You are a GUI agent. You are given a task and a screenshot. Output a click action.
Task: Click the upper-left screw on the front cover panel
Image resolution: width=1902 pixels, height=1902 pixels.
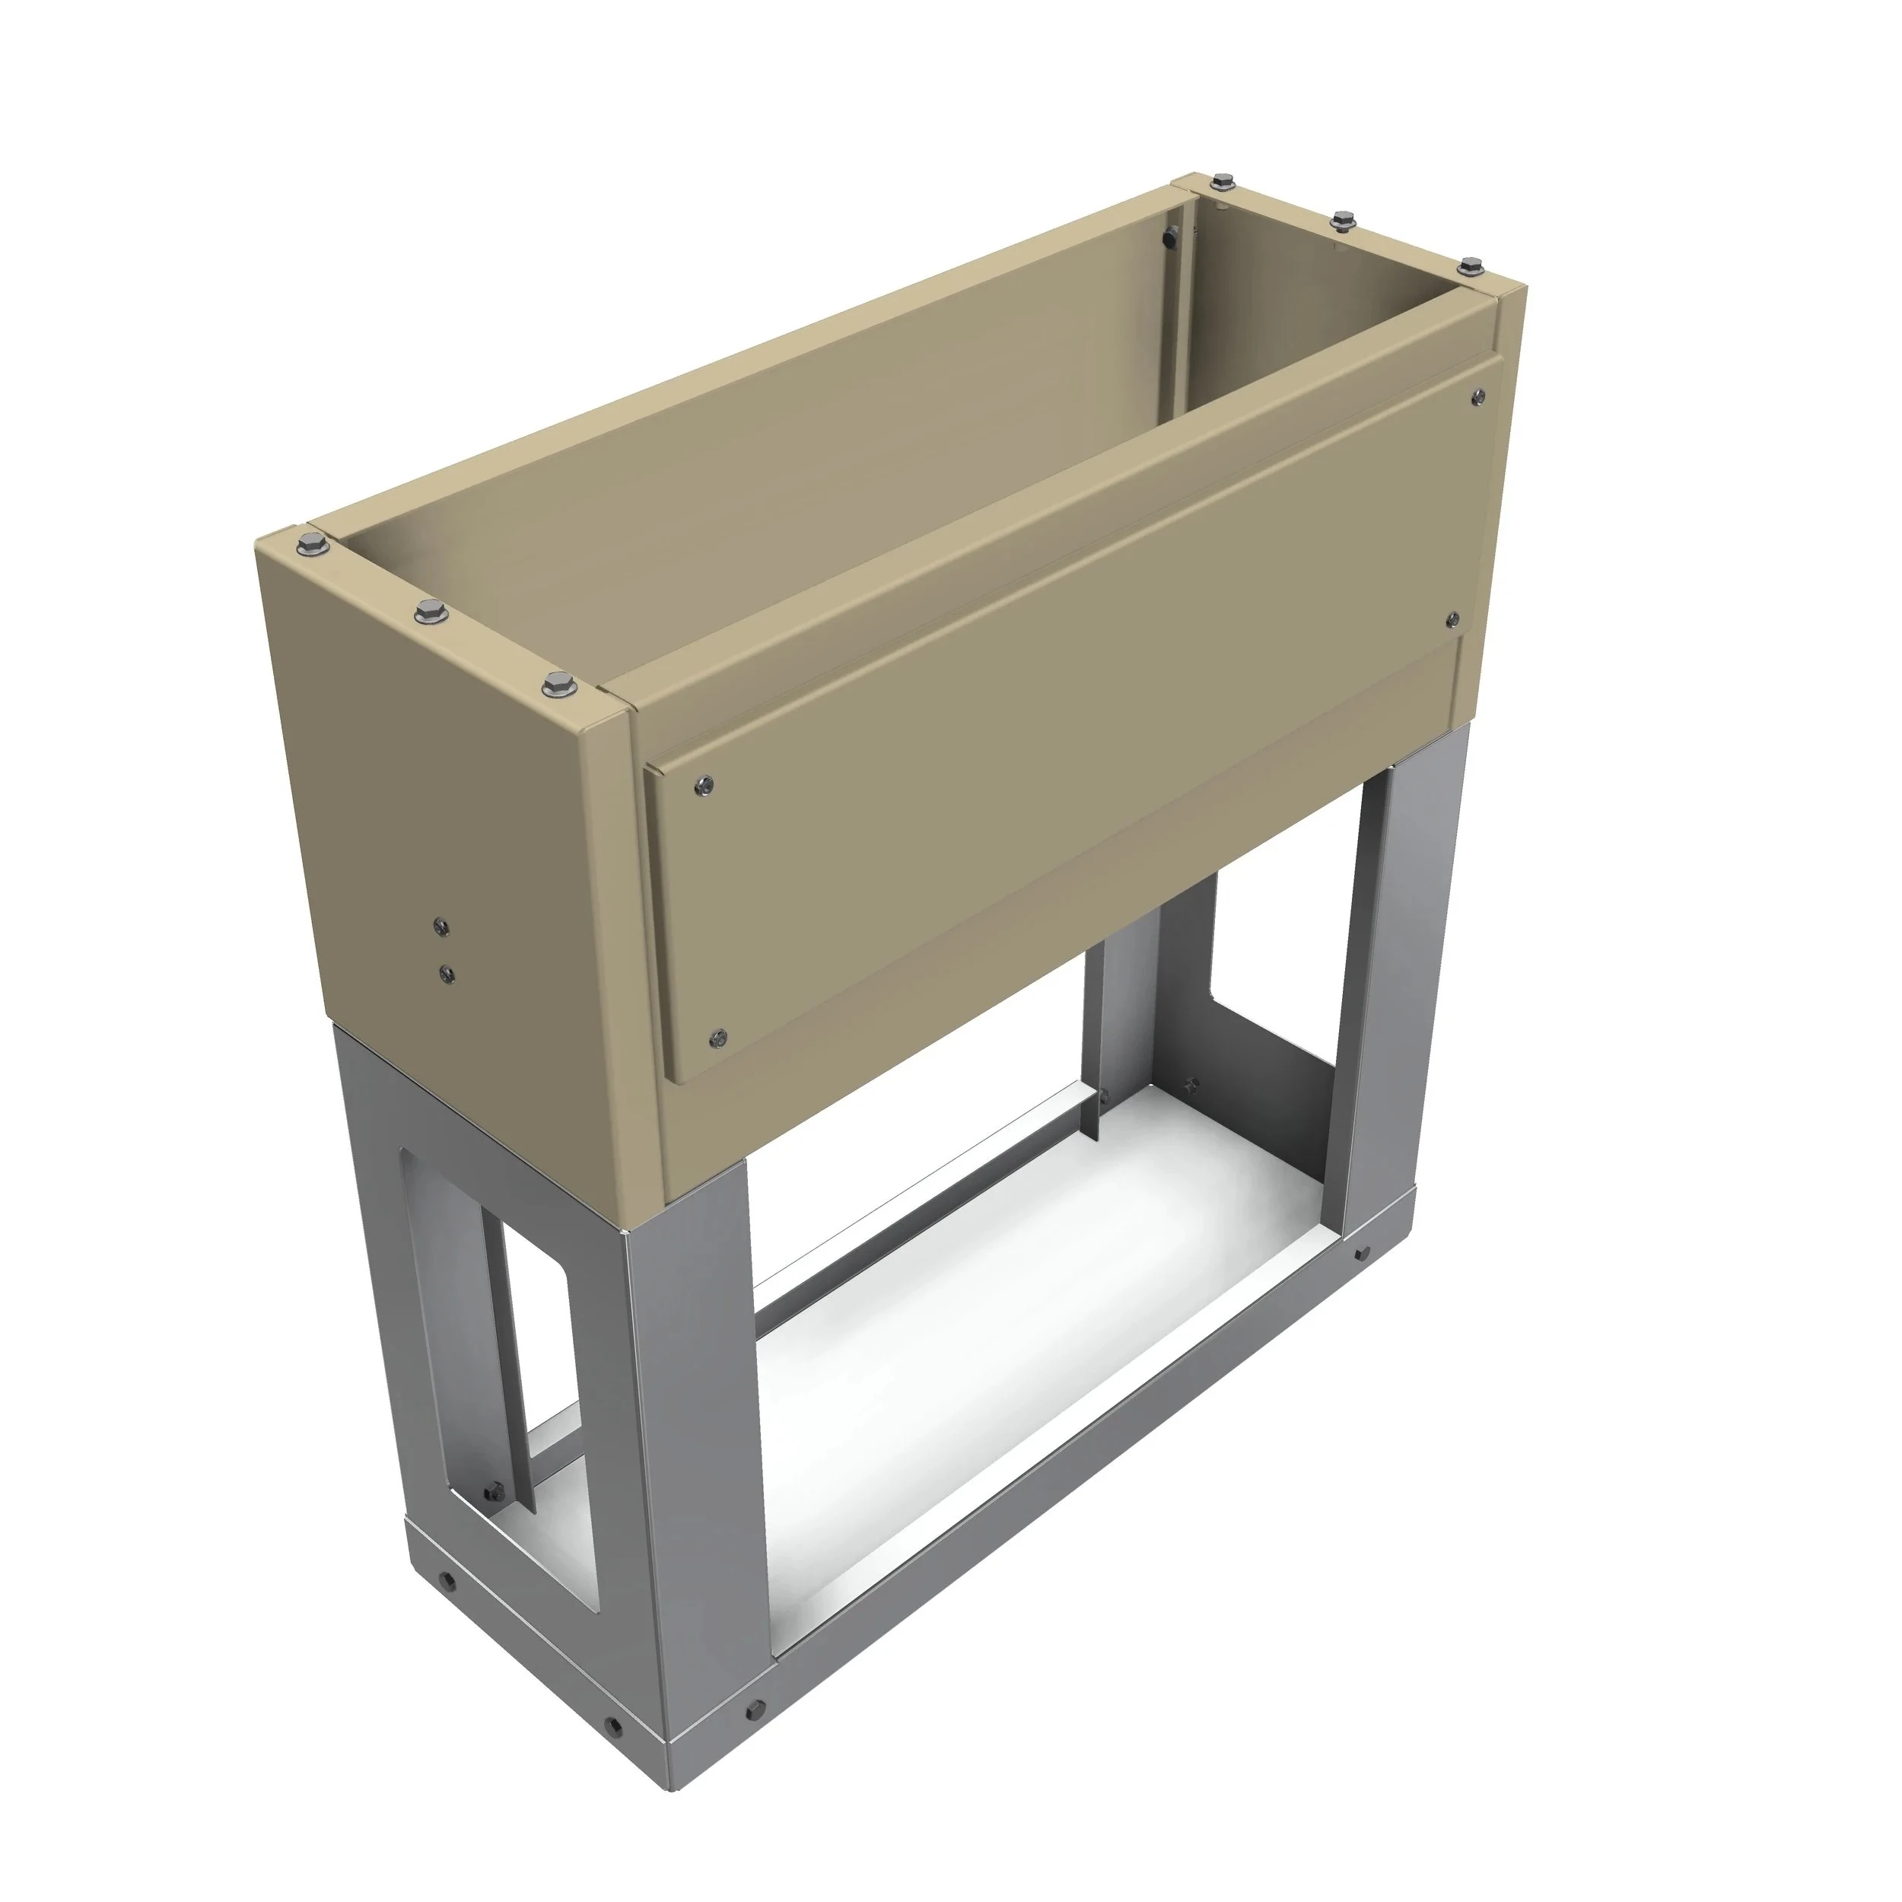704,784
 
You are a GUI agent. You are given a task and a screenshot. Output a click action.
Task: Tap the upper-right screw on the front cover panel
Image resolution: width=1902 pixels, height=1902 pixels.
1477,396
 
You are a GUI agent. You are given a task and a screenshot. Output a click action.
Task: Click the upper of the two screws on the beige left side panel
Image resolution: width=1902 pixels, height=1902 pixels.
440,925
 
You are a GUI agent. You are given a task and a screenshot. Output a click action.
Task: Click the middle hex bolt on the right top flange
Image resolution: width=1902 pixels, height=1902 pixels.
1340,221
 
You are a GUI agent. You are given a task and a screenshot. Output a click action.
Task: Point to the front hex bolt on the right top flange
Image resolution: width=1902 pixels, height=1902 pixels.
1470,266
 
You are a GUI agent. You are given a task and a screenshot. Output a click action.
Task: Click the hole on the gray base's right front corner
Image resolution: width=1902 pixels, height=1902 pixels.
1360,1255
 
